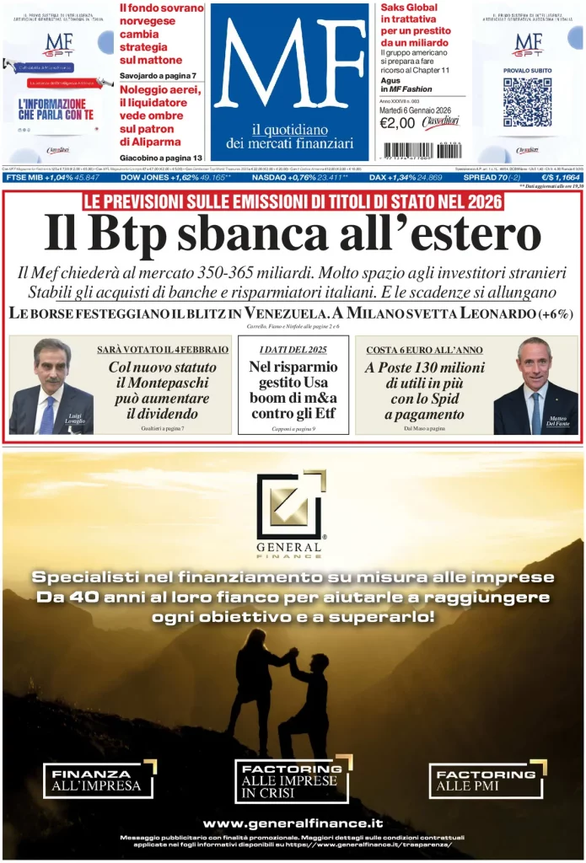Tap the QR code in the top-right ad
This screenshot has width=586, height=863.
527,102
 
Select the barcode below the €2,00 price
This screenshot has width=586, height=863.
422,150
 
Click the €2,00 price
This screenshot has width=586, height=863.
397,123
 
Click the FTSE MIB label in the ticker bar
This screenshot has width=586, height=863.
24,178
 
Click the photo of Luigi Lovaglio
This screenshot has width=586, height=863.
51,386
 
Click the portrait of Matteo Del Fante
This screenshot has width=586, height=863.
535,386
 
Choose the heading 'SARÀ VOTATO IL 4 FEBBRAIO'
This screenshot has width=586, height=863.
163,349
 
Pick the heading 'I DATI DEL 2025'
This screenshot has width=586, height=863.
293,349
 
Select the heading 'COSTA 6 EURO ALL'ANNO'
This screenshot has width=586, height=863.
413,349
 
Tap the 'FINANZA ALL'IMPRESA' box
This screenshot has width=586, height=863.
99,780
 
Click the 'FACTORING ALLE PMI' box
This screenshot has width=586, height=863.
487,780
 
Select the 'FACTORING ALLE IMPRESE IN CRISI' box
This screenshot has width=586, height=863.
292,780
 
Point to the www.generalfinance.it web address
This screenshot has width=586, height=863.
293,823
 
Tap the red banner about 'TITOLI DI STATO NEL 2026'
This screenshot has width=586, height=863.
293,202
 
